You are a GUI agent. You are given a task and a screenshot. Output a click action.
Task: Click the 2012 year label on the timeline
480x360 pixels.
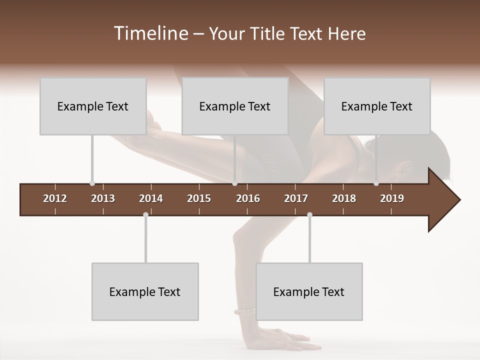coord(55,198)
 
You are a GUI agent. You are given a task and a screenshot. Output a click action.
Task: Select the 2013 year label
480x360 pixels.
coord(103,198)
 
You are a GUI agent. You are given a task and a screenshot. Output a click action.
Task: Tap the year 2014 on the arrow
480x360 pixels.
coord(151,198)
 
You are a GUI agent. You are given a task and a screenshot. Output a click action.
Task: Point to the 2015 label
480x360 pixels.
coord(199,198)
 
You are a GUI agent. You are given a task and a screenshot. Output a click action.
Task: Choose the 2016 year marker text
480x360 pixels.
coord(248,198)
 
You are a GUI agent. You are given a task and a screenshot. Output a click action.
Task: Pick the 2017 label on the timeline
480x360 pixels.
coord(296,198)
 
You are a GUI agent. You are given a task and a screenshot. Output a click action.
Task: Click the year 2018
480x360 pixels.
coord(344,198)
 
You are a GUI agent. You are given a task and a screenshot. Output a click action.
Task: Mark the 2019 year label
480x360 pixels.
coord(392,198)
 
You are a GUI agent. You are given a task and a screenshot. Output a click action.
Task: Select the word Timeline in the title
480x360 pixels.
coord(149,33)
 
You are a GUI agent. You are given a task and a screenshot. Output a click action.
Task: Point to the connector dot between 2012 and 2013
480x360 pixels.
coord(92,183)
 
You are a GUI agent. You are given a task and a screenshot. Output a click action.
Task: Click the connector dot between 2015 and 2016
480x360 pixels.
coord(234,183)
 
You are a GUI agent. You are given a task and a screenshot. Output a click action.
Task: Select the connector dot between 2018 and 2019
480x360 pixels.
coord(376,183)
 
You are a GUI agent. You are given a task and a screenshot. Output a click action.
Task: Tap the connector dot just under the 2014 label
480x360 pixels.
coord(145,214)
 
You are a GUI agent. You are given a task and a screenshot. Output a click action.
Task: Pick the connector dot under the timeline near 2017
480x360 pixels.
coord(309,214)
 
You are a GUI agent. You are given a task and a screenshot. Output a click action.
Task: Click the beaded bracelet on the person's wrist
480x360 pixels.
coord(244,311)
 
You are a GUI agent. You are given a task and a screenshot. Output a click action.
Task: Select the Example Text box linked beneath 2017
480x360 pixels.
coord(309,291)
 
